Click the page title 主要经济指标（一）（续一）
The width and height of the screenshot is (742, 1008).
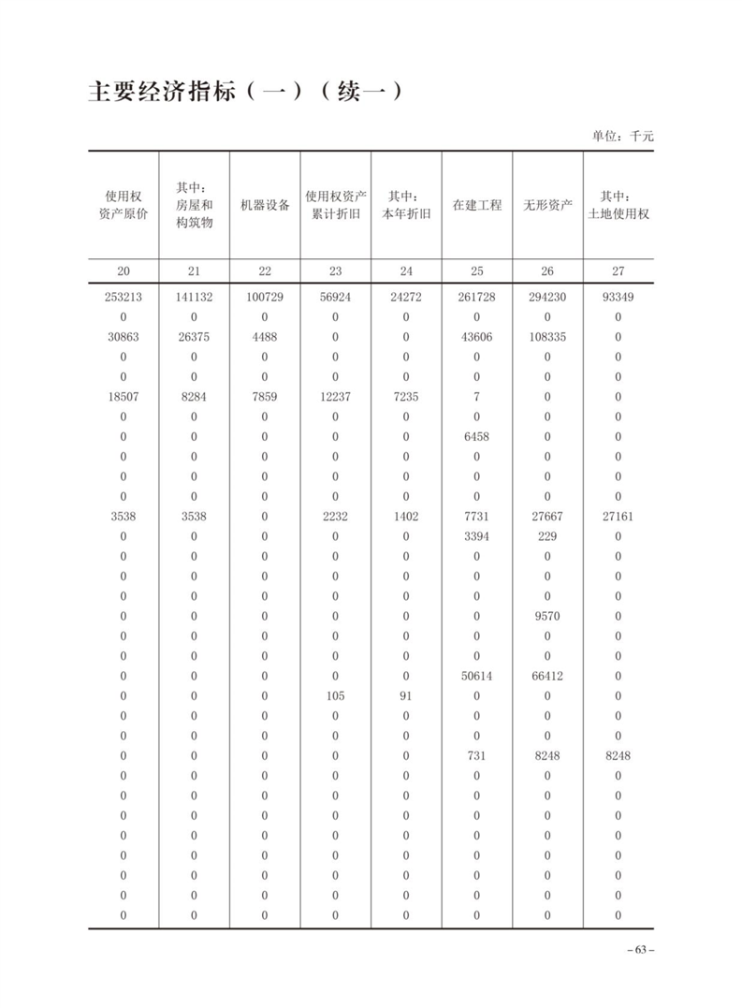click(x=245, y=93)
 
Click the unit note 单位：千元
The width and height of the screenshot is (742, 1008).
click(x=622, y=136)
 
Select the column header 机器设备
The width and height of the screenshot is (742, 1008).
click(x=265, y=205)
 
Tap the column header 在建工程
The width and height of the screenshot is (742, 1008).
click(x=476, y=205)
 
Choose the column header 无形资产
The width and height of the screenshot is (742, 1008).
click(x=547, y=205)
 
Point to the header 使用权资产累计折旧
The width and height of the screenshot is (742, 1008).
click(x=335, y=205)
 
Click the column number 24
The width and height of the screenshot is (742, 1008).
click(x=406, y=271)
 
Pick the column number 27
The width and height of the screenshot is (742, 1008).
click(x=618, y=271)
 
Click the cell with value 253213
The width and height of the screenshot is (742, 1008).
click(x=124, y=297)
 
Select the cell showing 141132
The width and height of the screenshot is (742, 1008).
click(x=194, y=297)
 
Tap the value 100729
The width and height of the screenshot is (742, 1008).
click(x=265, y=297)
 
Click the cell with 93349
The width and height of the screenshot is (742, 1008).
click(x=618, y=297)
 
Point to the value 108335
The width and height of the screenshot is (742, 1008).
click(x=547, y=337)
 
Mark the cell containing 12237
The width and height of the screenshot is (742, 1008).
click(x=335, y=397)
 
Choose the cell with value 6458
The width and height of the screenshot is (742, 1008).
click(x=476, y=437)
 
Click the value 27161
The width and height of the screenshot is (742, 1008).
click(x=618, y=517)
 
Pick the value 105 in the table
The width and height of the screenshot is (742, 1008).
click(x=335, y=696)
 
